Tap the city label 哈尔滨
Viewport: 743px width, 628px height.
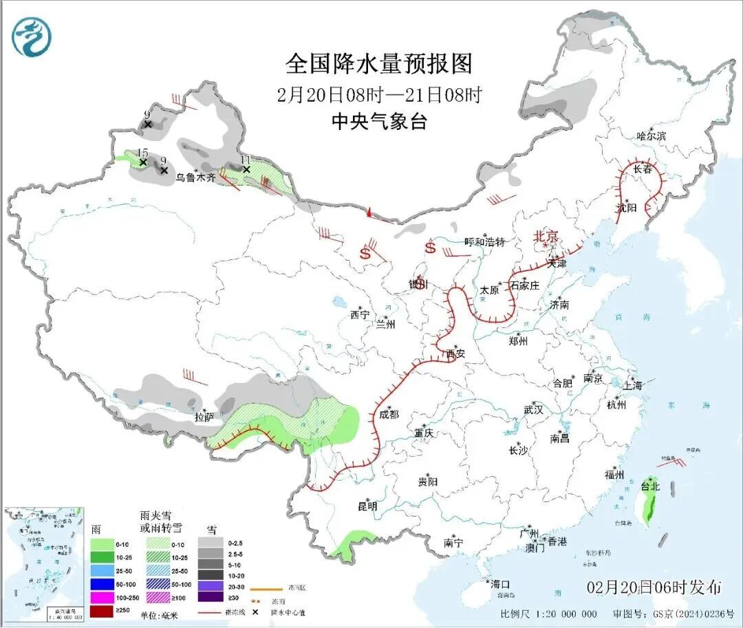coord(651,136)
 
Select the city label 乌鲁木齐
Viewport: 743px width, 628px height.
coord(195,177)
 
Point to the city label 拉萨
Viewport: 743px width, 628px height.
coord(204,416)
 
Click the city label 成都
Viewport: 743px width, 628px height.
coord(389,414)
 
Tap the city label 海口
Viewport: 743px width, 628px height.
coord(502,584)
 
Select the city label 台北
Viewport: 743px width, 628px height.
coord(650,486)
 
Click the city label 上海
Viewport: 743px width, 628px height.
coord(632,385)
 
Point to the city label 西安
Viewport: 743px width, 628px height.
coord(455,354)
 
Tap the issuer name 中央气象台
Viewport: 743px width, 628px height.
coord(379,122)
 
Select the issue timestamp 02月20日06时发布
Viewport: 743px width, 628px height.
coord(654,587)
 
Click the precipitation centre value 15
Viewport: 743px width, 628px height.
coord(142,153)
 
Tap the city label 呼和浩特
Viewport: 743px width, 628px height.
coord(484,242)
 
